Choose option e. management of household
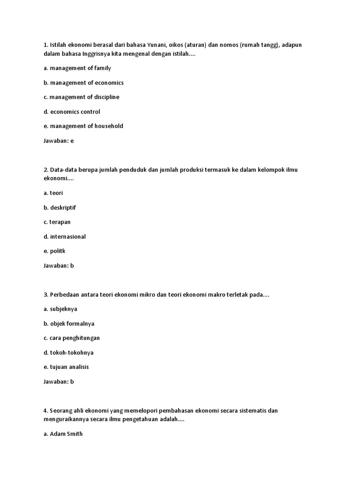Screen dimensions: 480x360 pyautogui.click(x=83, y=126)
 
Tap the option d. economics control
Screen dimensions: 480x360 pyautogui.click(x=72, y=112)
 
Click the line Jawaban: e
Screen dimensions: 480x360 pyautogui.click(x=59, y=141)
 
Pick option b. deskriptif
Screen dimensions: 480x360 pyautogui.click(x=60, y=207)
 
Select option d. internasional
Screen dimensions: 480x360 pyautogui.click(x=64, y=237)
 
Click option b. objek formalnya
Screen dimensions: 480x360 pyautogui.click(x=68, y=323)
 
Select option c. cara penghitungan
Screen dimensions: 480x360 pyautogui.click(x=71, y=338)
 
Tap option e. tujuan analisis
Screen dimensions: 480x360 pyautogui.click(x=66, y=367)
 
